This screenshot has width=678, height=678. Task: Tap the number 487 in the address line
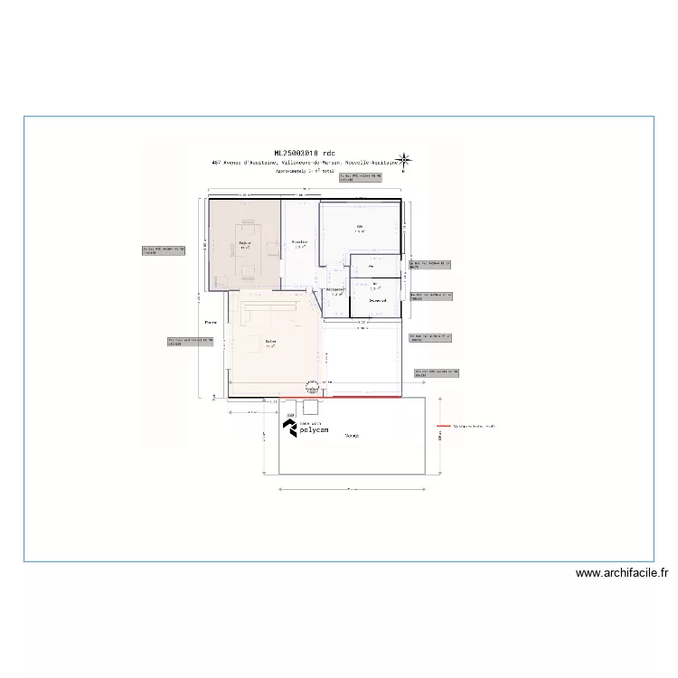pyautogui.click(x=217, y=163)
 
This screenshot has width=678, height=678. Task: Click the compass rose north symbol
pyautogui.click(x=407, y=161)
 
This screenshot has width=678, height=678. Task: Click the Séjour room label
pyautogui.click(x=245, y=244)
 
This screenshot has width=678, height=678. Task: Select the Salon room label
pyautogui.click(x=270, y=342)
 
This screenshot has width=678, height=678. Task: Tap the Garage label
pyautogui.click(x=352, y=435)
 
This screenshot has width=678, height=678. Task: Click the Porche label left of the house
pyautogui.click(x=212, y=322)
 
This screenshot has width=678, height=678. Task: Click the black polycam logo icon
pyautogui.click(x=291, y=428)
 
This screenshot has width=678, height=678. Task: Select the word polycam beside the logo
pyautogui.click(x=316, y=431)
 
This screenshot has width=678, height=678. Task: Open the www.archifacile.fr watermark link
pyautogui.click(x=621, y=572)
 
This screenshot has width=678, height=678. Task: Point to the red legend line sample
pyautogui.click(x=443, y=425)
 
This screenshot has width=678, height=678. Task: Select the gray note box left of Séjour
pyautogui.click(x=164, y=250)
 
